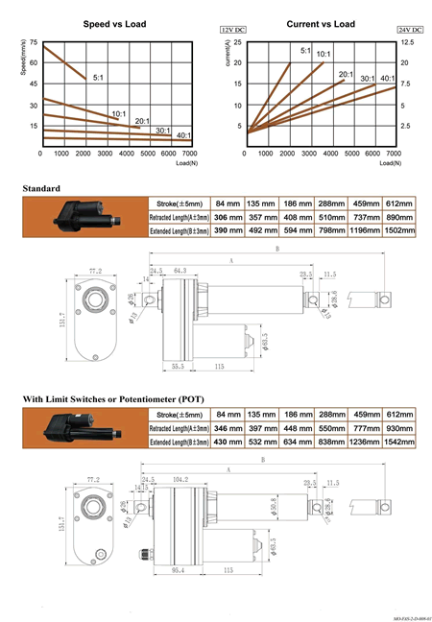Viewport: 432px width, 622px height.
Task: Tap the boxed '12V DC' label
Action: coord(234,31)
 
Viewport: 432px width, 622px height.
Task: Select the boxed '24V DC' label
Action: coord(409,31)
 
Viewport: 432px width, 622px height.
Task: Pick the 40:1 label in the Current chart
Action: coord(388,78)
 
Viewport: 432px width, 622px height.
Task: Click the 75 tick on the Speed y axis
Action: coord(34,44)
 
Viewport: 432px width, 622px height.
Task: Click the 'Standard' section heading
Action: coord(41,188)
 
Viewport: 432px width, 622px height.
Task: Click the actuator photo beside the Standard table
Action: coord(85,217)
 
